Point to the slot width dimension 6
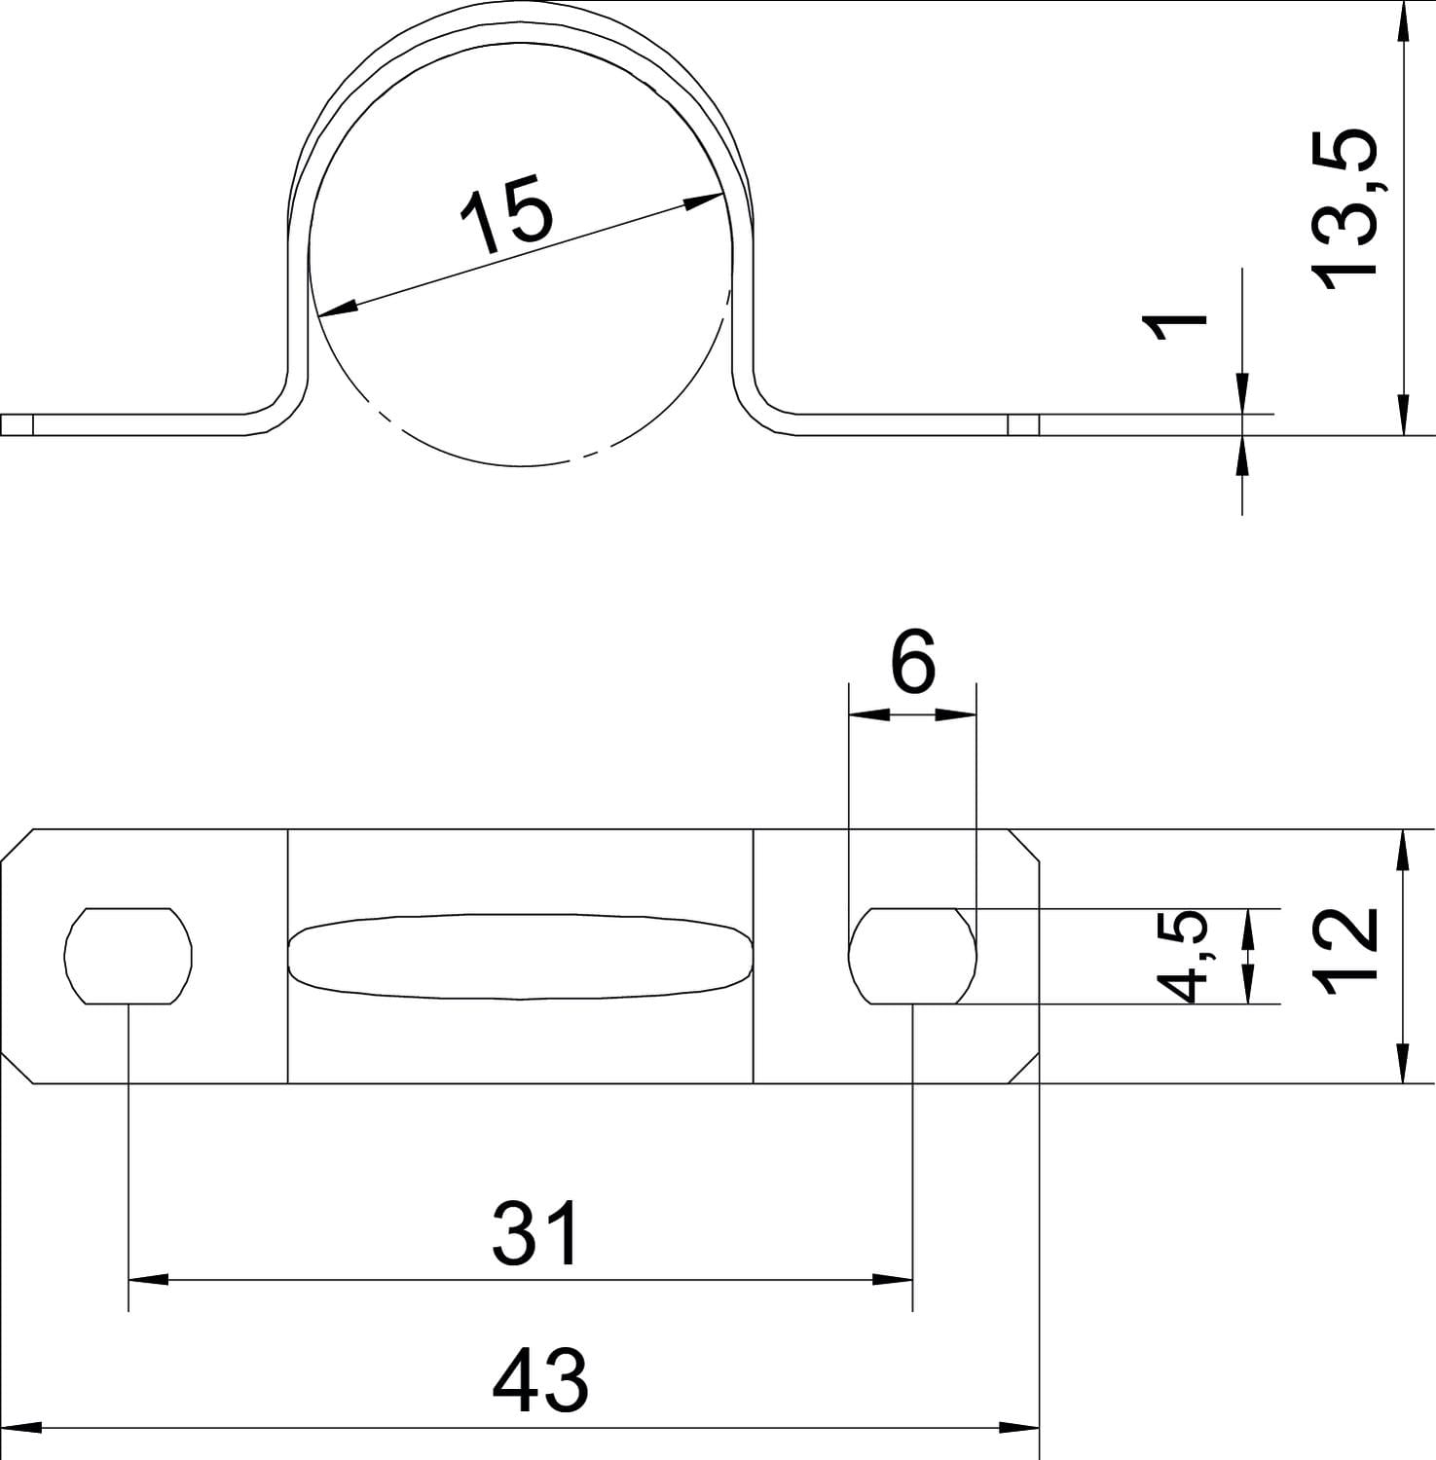[x=912, y=661]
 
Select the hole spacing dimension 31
[x=536, y=1231]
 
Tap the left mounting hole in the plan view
[x=129, y=956]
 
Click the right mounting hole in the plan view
[x=912, y=956]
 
